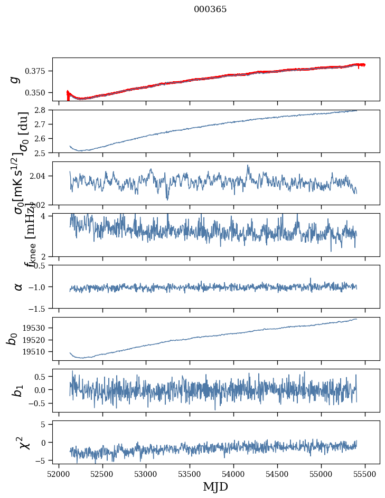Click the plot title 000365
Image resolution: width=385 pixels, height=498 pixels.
tap(210, 9)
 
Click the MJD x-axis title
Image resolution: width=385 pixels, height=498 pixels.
tap(215, 486)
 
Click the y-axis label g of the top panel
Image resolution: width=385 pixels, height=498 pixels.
tap(16, 79)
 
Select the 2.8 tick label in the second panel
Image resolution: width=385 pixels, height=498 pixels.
tap(43, 110)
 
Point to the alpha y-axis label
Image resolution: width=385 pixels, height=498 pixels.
tap(18, 286)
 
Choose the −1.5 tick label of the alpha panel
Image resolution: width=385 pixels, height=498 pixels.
tap(40, 308)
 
